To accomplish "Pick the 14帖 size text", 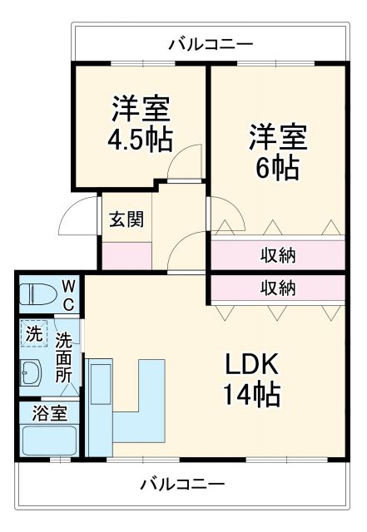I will click(250, 393).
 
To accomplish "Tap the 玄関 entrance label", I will click(126, 219).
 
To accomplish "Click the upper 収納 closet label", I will click(278, 254).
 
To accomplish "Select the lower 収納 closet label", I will click(278, 288).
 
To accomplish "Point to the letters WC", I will click(68, 295).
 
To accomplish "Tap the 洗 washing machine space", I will click(33, 334).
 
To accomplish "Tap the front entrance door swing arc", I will click(77, 218).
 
